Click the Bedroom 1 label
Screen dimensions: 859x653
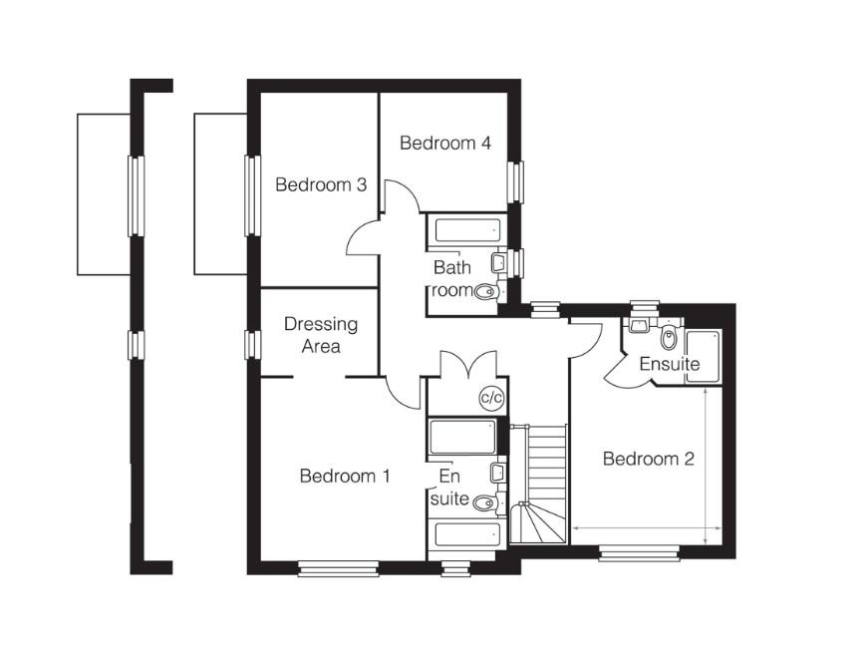(x=345, y=476)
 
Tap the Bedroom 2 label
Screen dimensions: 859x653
(x=648, y=459)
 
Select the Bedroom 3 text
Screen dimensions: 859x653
(x=321, y=184)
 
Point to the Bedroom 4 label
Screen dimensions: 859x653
(x=444, y=144)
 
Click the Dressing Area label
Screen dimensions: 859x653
(x=321, y=335)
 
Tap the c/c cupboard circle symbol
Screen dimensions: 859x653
(x=491, y=398)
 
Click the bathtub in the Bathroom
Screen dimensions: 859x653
(x=467, y=230)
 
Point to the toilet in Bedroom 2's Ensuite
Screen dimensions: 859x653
(x=669, y=337)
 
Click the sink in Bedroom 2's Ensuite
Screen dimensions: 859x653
(x=639, y=325)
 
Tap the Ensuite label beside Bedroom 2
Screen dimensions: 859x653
(x=670, y=364)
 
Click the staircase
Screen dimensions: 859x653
(x=538, y=484)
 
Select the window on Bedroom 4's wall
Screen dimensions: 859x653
(x=514, y=182)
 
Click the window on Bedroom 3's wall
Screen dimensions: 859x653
(x=252, y=195)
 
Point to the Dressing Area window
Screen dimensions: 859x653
(x=252, y=345)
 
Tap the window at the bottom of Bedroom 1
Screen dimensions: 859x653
(x=339, y=568)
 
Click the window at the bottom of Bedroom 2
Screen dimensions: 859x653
(x=640, y=552)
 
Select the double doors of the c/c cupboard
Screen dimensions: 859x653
(x=468, y=364)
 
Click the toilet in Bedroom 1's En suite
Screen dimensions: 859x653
(x=485, y=502)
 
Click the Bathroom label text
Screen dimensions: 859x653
(x=452, y=278)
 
